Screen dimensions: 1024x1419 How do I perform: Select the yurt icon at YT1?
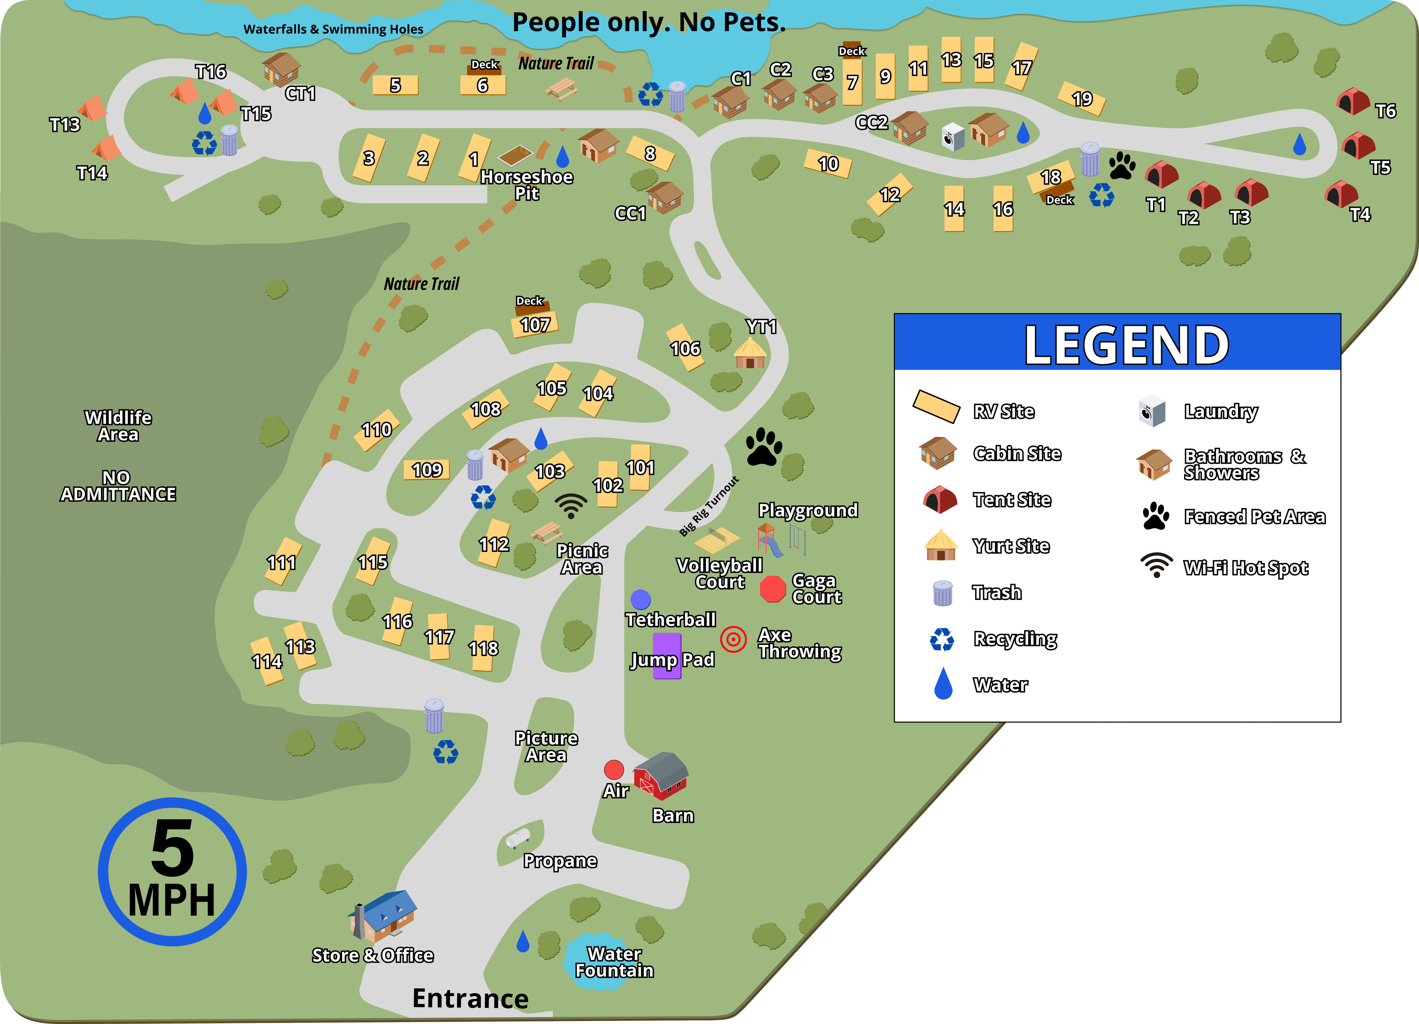[x=749, y=354]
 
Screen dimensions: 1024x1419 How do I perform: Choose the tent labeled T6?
[x=1353, y=101]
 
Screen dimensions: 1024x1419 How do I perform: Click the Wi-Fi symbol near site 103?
[x=571, y=505]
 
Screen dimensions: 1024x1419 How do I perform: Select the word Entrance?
[x=470, y=999]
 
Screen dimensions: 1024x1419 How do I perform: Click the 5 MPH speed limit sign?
[x=172, y=871]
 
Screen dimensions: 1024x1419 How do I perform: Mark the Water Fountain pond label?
[x=614, y=962]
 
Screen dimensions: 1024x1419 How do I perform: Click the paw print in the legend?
[x=1156, y=516]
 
